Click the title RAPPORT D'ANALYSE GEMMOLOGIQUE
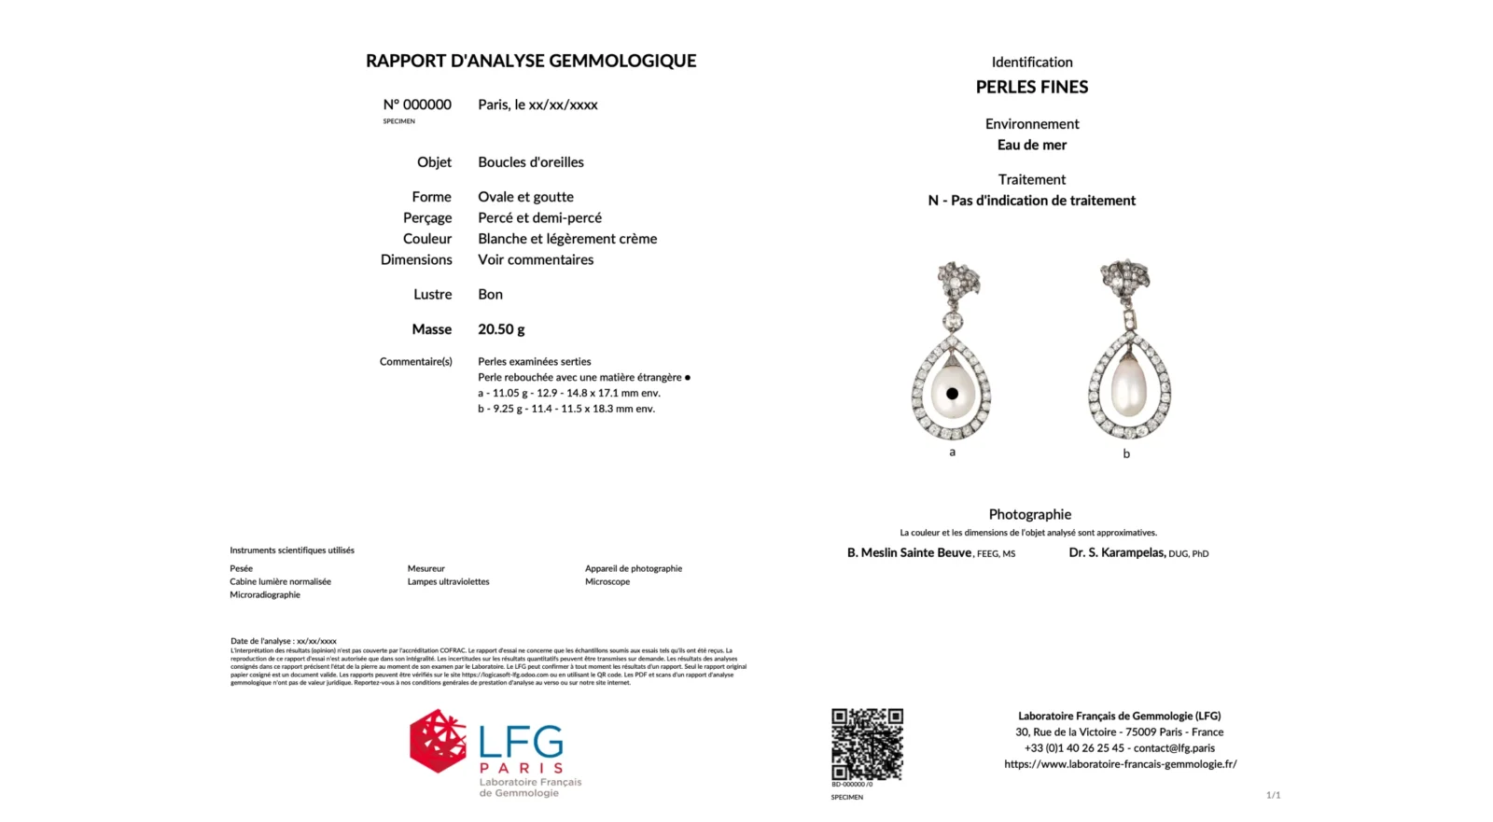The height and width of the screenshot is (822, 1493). pyautogui.click(x=531, y=62)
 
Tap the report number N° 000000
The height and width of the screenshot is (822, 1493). pyautogui.click(x=417, y=104)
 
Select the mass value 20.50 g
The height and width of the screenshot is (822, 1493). pyautogui.click(x=501, y=329)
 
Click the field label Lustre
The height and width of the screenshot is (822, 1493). pyautogui.click(x=432, y=294)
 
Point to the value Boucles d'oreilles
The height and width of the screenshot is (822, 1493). pyautogui.click(x=531, y=162)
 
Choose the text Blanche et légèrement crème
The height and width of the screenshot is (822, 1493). pyautogui.click(x=567, y=239)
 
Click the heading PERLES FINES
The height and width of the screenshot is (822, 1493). pyautogui.click(x=1032, y=87)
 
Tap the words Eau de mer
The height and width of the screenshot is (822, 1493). pyautogui.click(x=1032, y=145)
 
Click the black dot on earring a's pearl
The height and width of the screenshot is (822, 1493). pyautogui.click(x=952, y=394)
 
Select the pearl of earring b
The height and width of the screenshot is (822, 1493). pyautogui.click(x=1128, y=389)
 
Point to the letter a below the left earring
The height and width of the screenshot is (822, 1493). pyautogui.click(x=952, y=453)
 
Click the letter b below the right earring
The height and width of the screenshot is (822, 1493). pyautogui.click(x=1126, y=454)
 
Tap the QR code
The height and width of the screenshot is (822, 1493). pyautogui.click(x=867, y=744)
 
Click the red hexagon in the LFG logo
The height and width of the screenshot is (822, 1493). pyautogui.click(x=438, y=741)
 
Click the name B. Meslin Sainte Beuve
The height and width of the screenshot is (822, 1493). pyautogui.click(x=910, y=552)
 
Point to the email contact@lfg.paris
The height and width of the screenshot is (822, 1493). pyautogui.click(x=1174, y=747)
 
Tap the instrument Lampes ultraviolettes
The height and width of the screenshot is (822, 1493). pyautogui.click(x=448, y=581)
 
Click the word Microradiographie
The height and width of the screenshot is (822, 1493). pyautogui.click(x=265, y=594)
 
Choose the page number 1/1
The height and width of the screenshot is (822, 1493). pyautogui.click(x=1273, y=795)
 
